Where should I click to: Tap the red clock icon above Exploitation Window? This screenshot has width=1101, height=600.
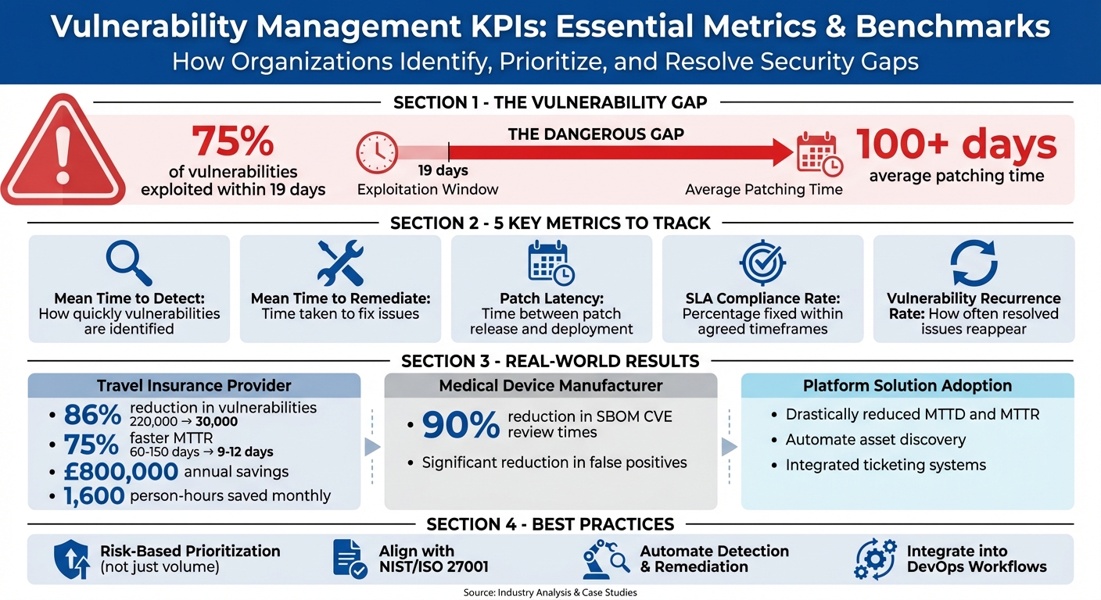[x=377, y=152]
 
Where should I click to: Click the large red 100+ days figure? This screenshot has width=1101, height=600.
[x=956, y=145]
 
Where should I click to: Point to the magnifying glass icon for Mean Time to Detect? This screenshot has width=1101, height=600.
[x=129, y=263]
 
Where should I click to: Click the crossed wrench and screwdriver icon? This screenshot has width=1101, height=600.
[x=340, y=263]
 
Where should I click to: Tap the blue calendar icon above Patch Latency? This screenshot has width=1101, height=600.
[x=551, y=263]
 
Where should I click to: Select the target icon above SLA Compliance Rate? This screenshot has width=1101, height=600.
[x=762, y=263]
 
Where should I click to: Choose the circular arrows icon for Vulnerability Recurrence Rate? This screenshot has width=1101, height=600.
[x=974, y=263]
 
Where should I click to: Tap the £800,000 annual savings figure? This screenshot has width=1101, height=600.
[x=121, y=472]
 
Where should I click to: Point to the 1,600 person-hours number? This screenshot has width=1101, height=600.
[x=95, y=496]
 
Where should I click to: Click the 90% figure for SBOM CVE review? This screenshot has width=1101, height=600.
[x=461, y=425]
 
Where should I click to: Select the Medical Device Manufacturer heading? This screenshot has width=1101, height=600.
[x=550, y=385]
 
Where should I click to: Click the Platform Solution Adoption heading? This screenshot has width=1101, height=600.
[x=907, y=385]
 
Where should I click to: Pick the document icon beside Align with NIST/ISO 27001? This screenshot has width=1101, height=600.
[x=350, y=559]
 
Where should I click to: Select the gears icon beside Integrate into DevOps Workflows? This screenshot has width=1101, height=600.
[x=875, y=559]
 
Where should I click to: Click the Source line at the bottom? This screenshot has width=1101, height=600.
[x=550, y=592]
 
